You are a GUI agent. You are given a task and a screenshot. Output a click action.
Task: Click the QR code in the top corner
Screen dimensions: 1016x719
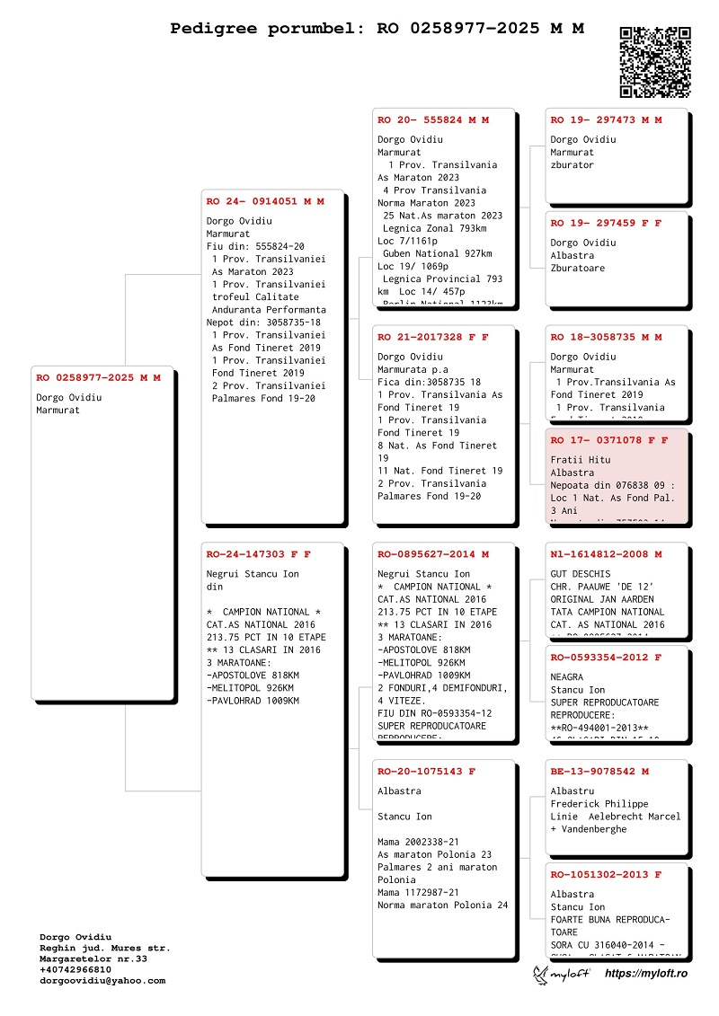point(655,62)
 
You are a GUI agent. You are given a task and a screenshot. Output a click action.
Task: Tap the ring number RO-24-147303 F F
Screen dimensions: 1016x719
point(258,554)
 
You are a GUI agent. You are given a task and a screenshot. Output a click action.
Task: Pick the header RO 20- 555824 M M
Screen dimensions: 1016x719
point(433,119)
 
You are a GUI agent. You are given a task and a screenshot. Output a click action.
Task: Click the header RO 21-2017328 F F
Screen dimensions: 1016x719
point(433,337)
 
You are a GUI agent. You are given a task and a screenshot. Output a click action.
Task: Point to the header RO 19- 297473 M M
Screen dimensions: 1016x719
point(606,119)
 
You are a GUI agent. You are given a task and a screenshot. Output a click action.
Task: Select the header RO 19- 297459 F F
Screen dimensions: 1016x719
point(606,223)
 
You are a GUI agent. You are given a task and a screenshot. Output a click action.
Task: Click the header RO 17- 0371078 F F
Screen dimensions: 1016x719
point(608,440)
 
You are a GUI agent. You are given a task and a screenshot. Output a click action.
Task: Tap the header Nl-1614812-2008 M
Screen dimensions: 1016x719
point(606,554)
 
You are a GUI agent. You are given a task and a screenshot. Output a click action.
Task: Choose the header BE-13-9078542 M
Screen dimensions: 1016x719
point(599,771)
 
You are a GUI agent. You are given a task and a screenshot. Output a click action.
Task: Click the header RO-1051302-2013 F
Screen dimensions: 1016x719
point(606,874)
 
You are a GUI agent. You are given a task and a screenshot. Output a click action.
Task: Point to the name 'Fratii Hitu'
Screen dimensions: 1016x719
point(581,460)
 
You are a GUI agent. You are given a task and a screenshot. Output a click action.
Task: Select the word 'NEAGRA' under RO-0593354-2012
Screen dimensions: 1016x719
point(567,677)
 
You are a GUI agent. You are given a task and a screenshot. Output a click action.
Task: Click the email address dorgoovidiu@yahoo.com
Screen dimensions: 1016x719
point(102,981)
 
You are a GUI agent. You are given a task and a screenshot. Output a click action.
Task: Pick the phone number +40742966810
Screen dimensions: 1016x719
point(75,969)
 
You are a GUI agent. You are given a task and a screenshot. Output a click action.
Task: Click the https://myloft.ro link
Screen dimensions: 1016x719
point(645,974)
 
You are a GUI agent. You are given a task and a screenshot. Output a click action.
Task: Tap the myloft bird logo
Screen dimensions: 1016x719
point(542,974)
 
